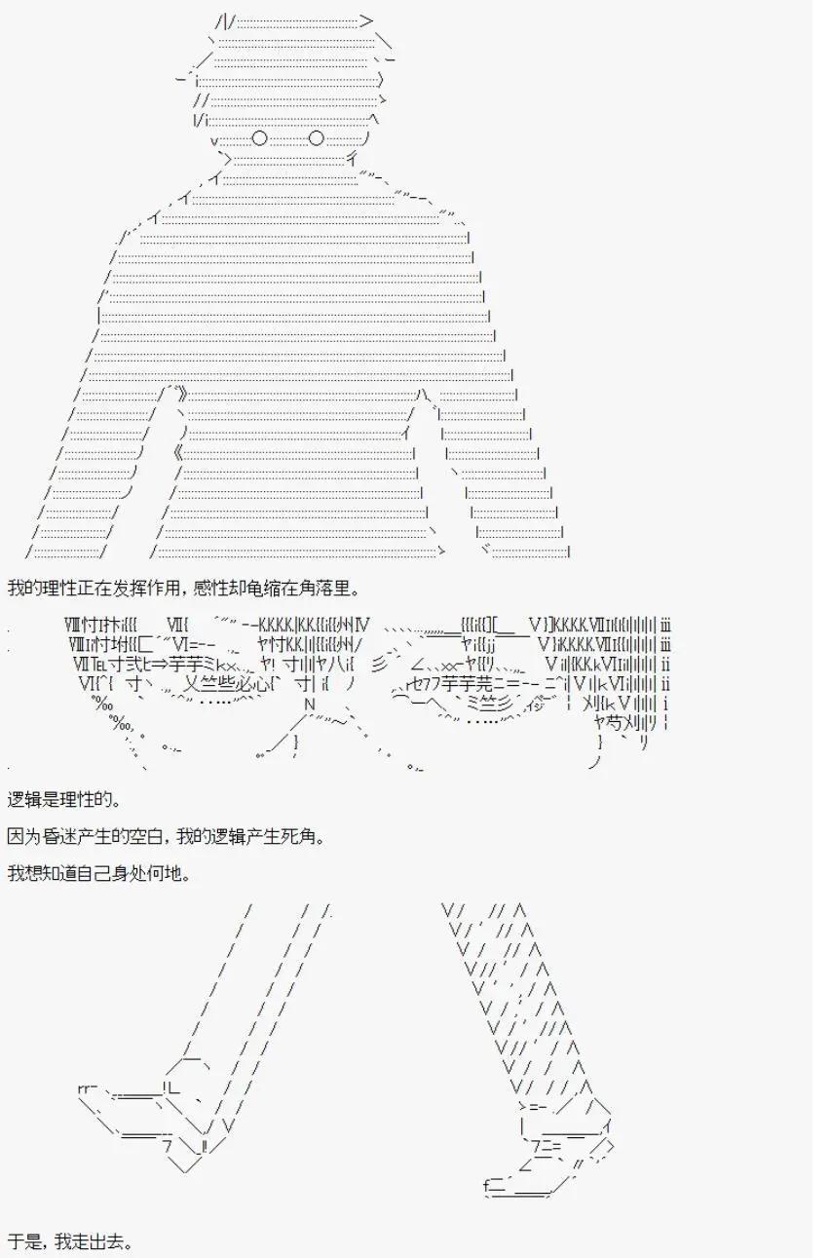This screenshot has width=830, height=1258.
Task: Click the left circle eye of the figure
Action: point(259,137)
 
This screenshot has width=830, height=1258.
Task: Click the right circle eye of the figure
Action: point(317,137)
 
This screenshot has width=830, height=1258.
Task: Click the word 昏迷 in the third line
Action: point(75,837)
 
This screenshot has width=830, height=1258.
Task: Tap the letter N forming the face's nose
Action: point(309,705)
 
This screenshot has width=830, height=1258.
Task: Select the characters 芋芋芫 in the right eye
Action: point(467,684)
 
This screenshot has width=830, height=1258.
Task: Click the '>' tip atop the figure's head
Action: point(365,21)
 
